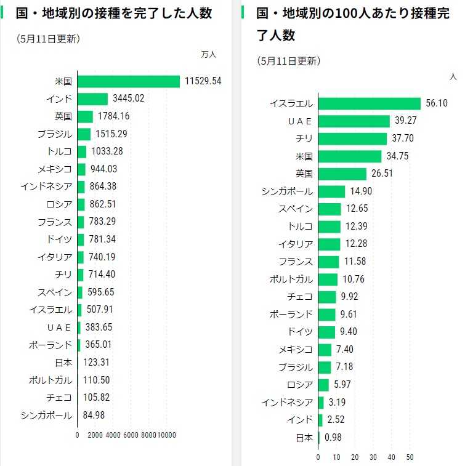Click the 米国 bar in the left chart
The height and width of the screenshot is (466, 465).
click(129, 81)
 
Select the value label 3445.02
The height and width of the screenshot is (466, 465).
click(127, 98)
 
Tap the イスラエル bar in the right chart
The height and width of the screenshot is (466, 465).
click(369, 103)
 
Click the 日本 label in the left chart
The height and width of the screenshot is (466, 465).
click(63, 363)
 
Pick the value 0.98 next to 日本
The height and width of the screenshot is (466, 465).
click(332, 438)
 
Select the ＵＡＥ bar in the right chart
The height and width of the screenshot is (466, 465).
click(354, 121)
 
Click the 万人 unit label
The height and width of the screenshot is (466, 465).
click(209, 55)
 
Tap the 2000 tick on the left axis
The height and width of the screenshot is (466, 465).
click(95, 435)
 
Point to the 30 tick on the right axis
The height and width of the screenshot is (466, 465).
click(373, 457)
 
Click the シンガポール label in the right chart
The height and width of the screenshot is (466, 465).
click(287, 191)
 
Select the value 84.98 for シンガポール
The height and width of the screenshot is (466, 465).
click(94, 415)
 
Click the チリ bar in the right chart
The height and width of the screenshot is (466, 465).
click(352, 139)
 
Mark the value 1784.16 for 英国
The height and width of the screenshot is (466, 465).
click(113, 116)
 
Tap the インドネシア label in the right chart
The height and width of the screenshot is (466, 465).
click(287, 403)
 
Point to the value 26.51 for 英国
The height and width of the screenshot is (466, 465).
click(382, 174)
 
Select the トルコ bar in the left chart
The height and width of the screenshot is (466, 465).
click(82, 151)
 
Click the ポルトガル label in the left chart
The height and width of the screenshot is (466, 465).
click(51, 380)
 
